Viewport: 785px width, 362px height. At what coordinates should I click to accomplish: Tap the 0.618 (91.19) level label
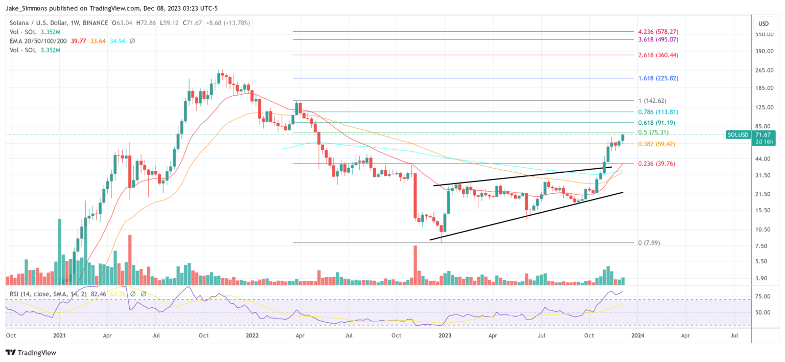tap(655, 123)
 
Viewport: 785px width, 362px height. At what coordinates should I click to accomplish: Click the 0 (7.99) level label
tap(649, 242)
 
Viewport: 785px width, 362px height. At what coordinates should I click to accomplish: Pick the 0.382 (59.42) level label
tap(656, 144)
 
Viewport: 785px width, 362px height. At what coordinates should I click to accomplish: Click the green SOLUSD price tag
tap(737, 134)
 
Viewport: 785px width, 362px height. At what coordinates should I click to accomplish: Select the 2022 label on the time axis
tap(252, 336)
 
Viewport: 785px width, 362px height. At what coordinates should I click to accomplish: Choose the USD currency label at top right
tap(764, 24)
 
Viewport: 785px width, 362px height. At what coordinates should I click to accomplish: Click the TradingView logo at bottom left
tap(31, 353)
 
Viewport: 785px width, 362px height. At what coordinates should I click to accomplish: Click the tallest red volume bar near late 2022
tap(415, 265)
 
